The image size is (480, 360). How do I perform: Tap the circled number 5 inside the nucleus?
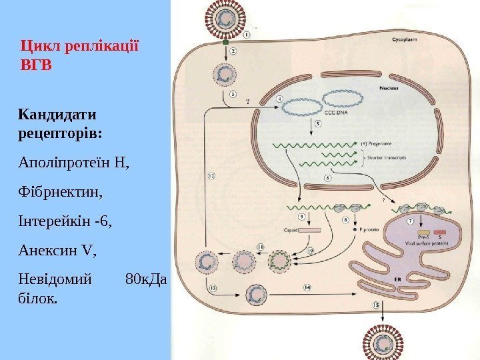click(x=318, y=123)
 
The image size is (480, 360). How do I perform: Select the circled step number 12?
click(x=211, y=177)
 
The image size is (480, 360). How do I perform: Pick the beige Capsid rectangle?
click(x=311, y=230)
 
